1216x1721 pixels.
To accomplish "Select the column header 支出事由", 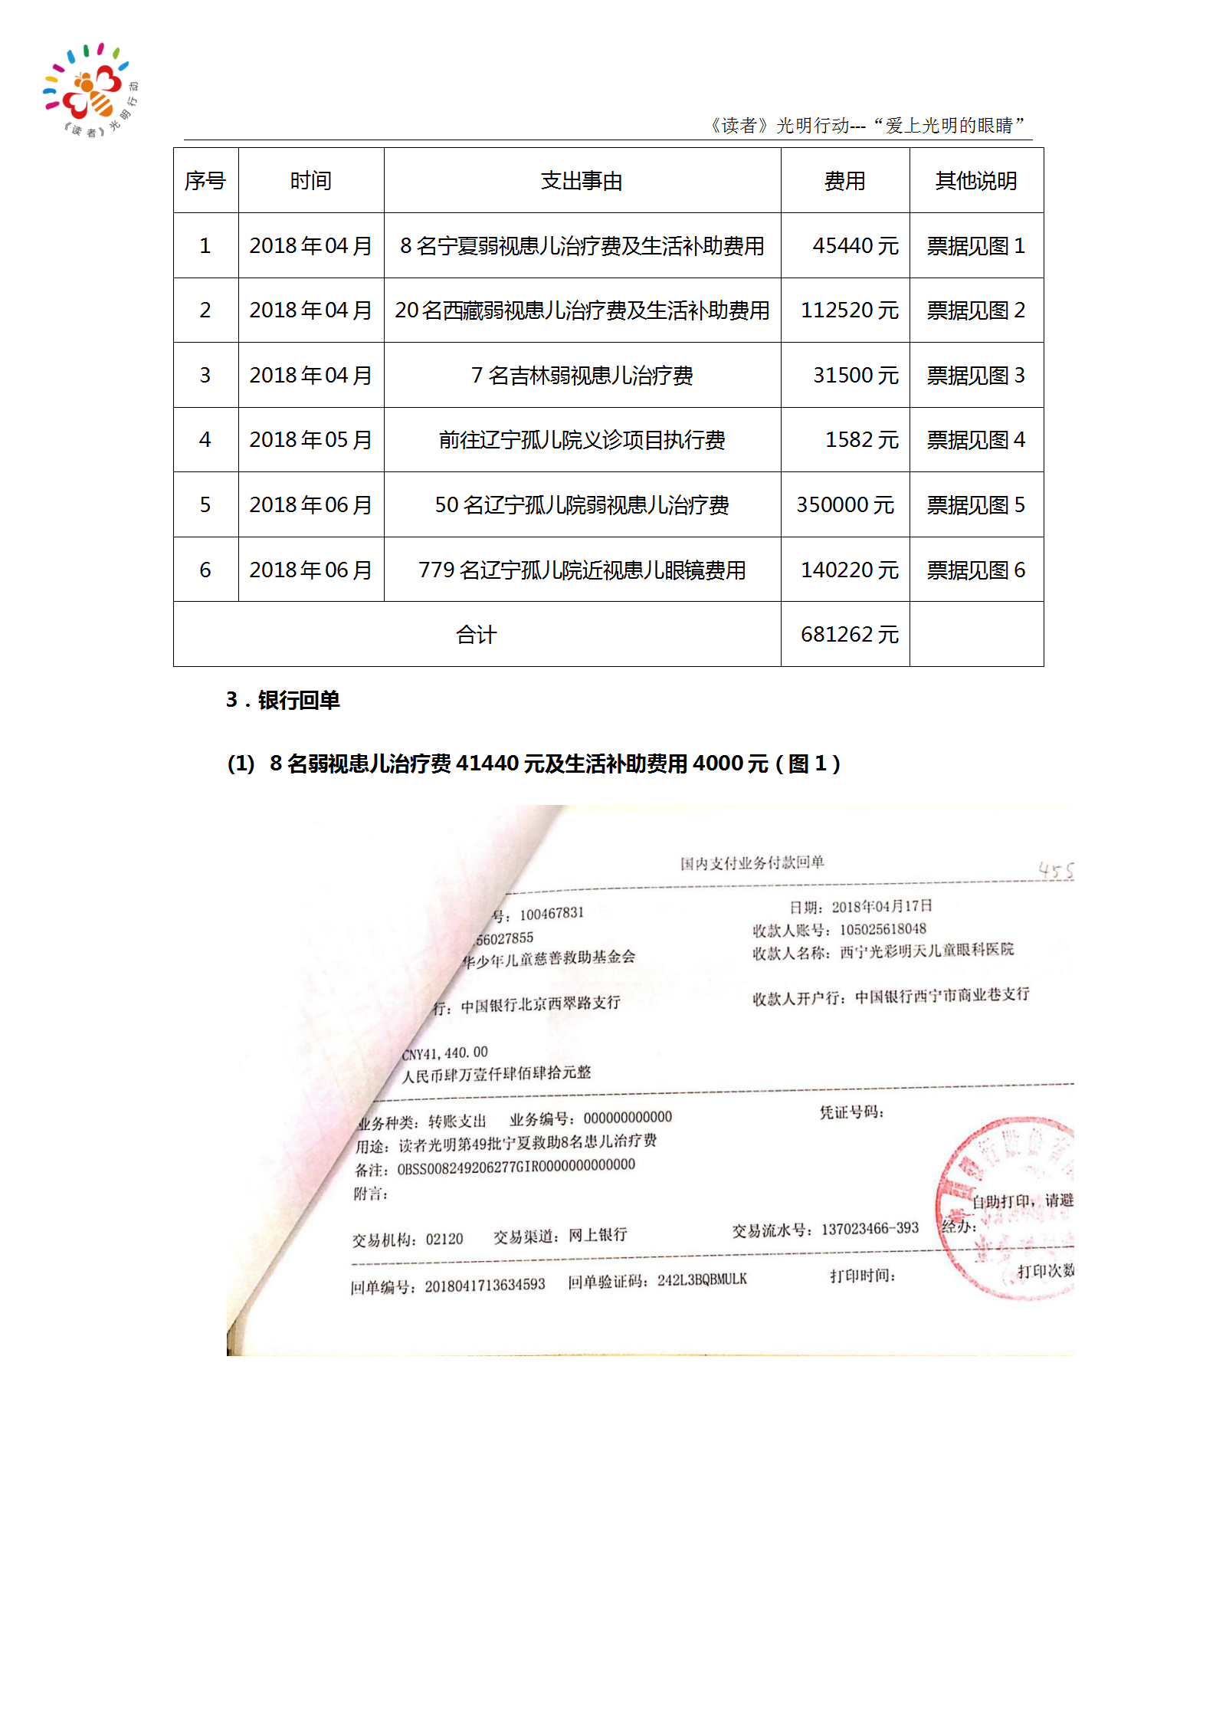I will coord(582,181).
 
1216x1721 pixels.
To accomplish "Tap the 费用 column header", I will coord(844,181).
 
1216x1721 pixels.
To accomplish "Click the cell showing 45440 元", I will coord(855,246).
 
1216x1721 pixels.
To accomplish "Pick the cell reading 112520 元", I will coord(849,310).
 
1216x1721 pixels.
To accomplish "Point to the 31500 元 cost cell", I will coord(855,376).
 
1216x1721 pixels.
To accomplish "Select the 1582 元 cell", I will coord(861,440).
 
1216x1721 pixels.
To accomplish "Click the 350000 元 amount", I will coord(845,505).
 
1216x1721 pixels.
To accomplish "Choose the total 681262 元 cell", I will coord(849,635).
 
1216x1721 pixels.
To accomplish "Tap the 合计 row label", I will coord(477,635).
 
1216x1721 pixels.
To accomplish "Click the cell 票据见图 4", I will coord(975,440).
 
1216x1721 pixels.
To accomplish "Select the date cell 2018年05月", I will coord(310,440).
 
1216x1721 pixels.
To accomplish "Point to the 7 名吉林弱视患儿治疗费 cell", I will coord(582,376).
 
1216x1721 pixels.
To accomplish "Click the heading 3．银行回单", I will coord(283,700).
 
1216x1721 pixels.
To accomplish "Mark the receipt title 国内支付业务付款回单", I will coord(752,863).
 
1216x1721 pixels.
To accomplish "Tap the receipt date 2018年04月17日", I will coord(881,907).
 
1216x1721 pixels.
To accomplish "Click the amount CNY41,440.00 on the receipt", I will coord(445,1053).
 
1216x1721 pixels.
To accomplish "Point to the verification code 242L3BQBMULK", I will coord(701,1280).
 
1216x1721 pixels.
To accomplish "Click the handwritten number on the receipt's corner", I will coord(1056,870).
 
